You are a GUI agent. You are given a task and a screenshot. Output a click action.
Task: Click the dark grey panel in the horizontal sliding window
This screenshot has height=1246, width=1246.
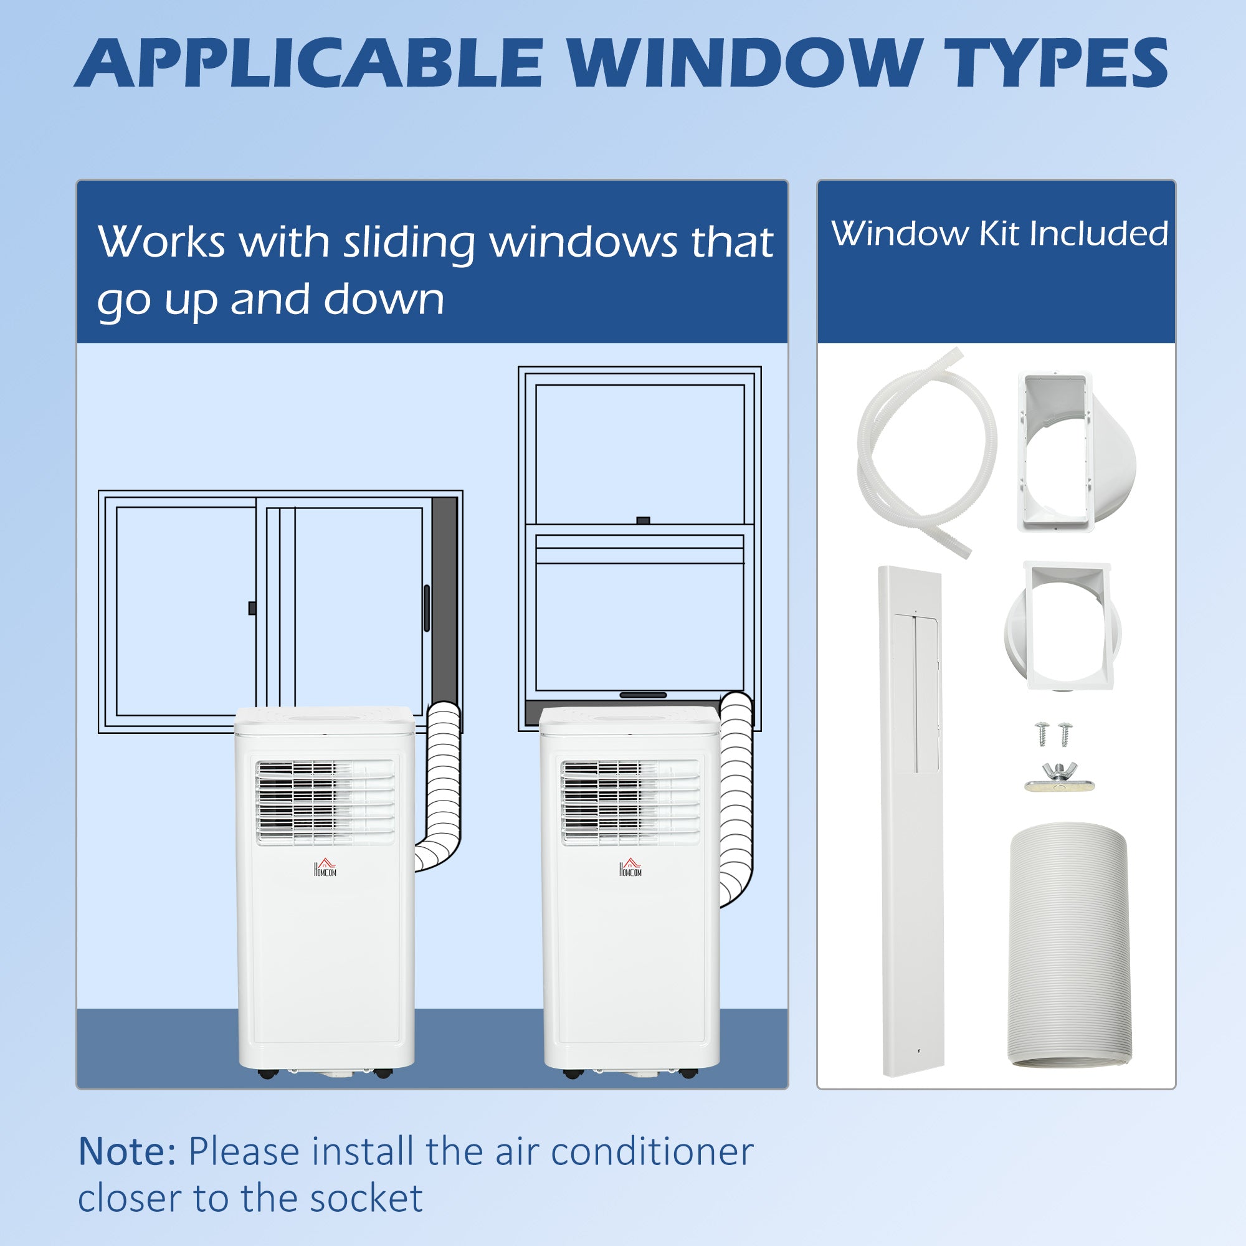(x=444, y=600)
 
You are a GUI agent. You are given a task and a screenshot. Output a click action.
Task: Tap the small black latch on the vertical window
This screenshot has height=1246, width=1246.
(x=642, y=520)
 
